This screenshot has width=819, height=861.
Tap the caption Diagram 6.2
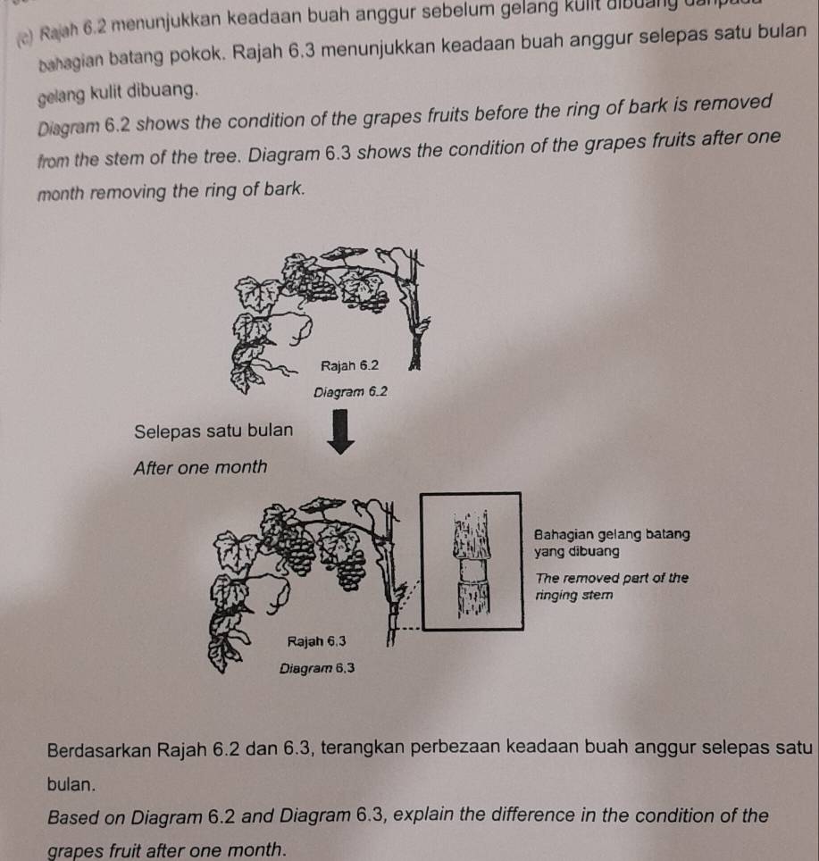click(347, 391)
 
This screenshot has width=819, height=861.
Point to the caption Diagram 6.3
click(319, 667)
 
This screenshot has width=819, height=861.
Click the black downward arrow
click(345, 433)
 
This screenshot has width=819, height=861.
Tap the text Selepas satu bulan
click(213, 430)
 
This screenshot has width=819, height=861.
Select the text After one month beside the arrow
click(199, 466)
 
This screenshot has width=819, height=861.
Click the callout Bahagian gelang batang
click(612, 534)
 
